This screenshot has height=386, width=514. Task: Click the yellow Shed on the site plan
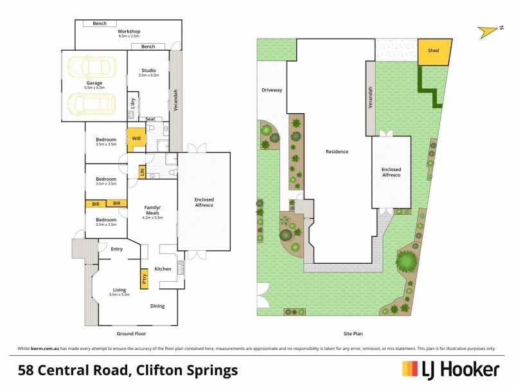434,53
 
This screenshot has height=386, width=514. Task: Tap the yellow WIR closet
136,139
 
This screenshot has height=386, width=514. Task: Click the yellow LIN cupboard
141,171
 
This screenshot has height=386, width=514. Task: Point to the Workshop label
128,32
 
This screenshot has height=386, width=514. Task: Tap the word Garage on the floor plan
94,83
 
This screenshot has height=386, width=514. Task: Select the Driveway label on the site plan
271,90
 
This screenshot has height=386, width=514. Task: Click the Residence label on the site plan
336,152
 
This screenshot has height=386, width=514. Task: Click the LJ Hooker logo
450,369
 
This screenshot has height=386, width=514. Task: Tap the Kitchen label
163,268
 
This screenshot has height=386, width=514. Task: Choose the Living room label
120,290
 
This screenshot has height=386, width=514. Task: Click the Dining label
159,306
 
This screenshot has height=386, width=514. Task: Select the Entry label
116,249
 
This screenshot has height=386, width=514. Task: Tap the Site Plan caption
352,335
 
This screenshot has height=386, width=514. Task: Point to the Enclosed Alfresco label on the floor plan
204,202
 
